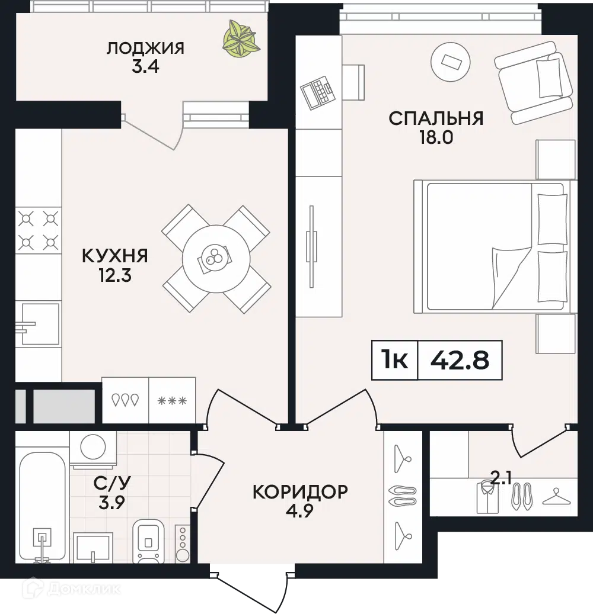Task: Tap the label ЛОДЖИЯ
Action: coord(145,48)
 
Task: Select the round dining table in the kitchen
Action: coord(216,258)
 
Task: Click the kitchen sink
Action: coord(40,324)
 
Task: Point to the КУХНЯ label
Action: coord(114,256)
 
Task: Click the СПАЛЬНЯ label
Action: coord(436,118)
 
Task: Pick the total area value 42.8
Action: coord(460,360)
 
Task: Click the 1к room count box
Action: coord(395,360)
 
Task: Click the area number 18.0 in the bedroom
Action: coord(436,138)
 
